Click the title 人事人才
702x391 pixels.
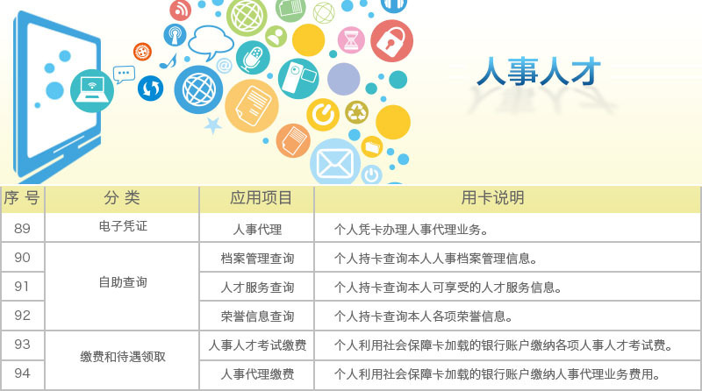click(x=538, y=72)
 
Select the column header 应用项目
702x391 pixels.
click(x=261, y=198)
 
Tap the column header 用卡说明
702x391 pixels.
click(x=492, y=198)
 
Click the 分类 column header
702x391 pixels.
click(x=122, y=198)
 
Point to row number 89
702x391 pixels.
click(x=22, y=229)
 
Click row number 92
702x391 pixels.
click(x=22, y=316)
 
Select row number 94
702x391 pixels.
click(x=22, y=373)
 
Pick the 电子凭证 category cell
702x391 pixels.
click(x=123, y=226)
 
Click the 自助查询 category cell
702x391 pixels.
click(x=123, y=282)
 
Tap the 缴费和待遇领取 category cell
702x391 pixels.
click(x=123, y=357)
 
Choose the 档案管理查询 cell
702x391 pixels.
click(x=257, y=258)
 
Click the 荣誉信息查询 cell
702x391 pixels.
click(x=257, y=316)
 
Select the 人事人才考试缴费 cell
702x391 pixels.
click(x=257, y=345)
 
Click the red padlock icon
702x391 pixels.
click(x=391, y=40)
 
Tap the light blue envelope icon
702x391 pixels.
click(x=335, y=162)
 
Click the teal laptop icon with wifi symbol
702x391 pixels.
click(x=92, y=91)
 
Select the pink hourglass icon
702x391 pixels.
click(x=351, y=39)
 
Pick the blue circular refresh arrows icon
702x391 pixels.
click(x=150, y=89)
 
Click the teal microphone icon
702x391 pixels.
click(x=253, y=58)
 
